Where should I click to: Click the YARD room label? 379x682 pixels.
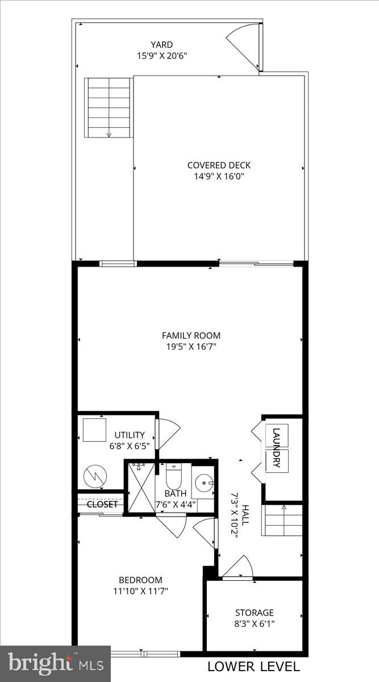coord(162,45)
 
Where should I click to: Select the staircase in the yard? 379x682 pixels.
coord(107,108)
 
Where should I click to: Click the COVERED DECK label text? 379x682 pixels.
coord(219,165)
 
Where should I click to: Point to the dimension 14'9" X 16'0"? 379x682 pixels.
coord(219,176)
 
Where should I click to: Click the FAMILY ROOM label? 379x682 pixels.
coord(191,335)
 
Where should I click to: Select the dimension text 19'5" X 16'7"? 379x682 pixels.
coord(191,346)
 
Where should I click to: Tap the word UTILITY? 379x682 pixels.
coord(130,435)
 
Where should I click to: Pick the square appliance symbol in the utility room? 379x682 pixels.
coord(94,430)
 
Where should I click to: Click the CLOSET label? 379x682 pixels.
coord(102,504)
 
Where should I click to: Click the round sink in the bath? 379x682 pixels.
coord(203,484)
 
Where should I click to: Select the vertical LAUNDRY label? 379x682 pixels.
coord(277,448)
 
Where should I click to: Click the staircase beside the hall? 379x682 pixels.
coord(282,519)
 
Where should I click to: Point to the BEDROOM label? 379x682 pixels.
coord(140,580)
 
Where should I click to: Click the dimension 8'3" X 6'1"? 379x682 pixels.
coord(255,623)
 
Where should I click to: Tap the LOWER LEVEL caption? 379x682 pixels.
coord(253,667)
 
